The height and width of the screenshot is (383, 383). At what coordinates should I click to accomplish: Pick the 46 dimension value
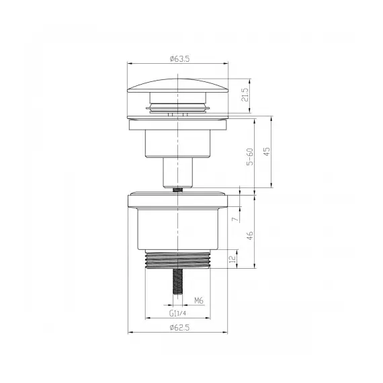[249, 235]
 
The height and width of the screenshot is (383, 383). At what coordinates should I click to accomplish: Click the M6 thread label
[200, 300]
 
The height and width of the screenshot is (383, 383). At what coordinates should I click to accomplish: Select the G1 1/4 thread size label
[178, 313]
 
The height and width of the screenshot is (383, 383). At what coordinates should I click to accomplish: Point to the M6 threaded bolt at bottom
[177, 282]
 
